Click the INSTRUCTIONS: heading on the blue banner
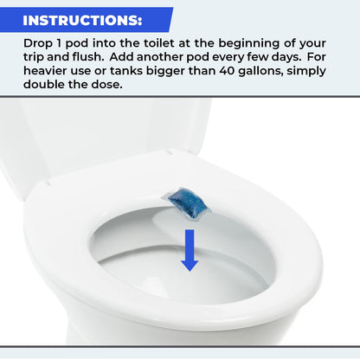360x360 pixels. [83, 19]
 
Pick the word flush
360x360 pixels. [86, 56]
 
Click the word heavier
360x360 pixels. [49, 70]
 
